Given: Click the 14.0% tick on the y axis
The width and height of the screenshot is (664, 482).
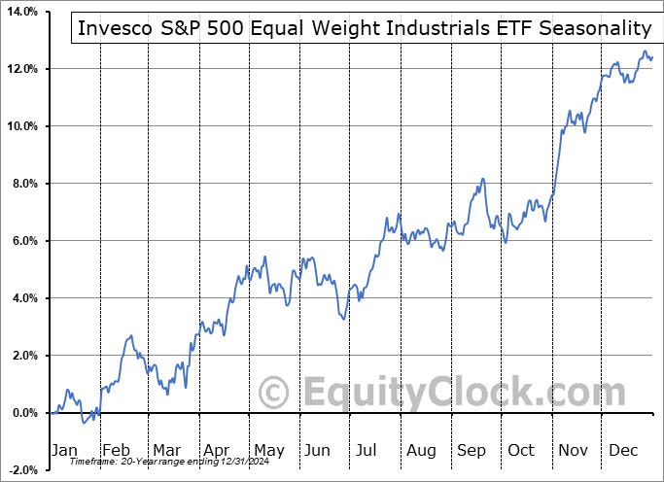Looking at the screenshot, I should (x=20, y=12).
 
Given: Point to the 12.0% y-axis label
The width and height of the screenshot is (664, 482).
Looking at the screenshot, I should (x=20, y=69).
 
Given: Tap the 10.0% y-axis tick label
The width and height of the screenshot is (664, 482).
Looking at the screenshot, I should (x=20, y=126).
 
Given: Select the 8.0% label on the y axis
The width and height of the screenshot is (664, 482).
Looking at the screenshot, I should (x=23, y=184).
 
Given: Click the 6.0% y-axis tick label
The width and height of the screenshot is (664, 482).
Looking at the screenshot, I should (x=23, y=241).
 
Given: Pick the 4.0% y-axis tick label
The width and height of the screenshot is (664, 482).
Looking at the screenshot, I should (x=23, y=298).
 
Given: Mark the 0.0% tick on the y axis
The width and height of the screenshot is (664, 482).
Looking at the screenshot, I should (x=23, y=413).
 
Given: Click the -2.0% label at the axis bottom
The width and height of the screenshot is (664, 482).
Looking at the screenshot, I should (x=21, y=470).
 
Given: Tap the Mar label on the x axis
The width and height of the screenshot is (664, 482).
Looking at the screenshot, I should (x=166, y=450).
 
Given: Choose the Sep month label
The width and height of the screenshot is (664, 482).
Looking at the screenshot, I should (x=472, y=450).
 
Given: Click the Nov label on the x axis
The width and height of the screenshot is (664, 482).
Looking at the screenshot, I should (x=575, y=450).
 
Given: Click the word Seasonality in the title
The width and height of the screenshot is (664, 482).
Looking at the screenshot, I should (x=589, y=29).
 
